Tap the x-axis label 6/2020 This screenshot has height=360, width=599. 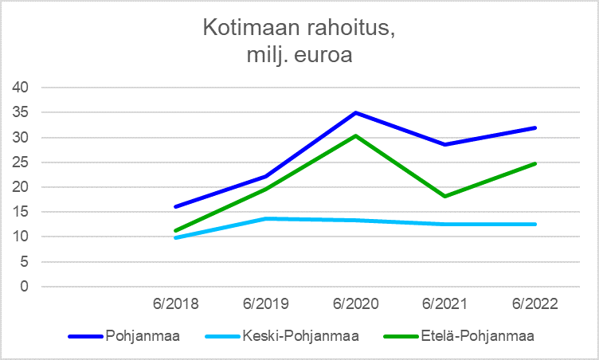[356, 304]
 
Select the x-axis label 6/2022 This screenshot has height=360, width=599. [535, 304]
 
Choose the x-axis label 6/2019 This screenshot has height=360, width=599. [266, 304]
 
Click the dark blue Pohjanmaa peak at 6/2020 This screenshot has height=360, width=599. [356, 112]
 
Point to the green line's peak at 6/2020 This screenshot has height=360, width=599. [356, 135]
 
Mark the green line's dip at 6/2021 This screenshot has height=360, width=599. [445, 196]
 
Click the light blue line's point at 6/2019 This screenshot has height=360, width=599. [266, 218]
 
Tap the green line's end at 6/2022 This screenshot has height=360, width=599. [535, 163]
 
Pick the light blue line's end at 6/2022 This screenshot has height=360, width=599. [535, 224]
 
